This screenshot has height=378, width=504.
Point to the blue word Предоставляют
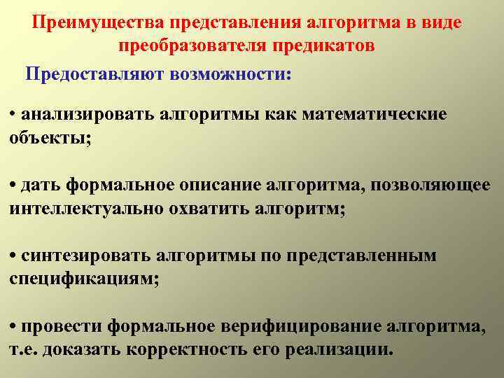point(94,73)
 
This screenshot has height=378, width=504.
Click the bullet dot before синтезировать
point(13,256)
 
